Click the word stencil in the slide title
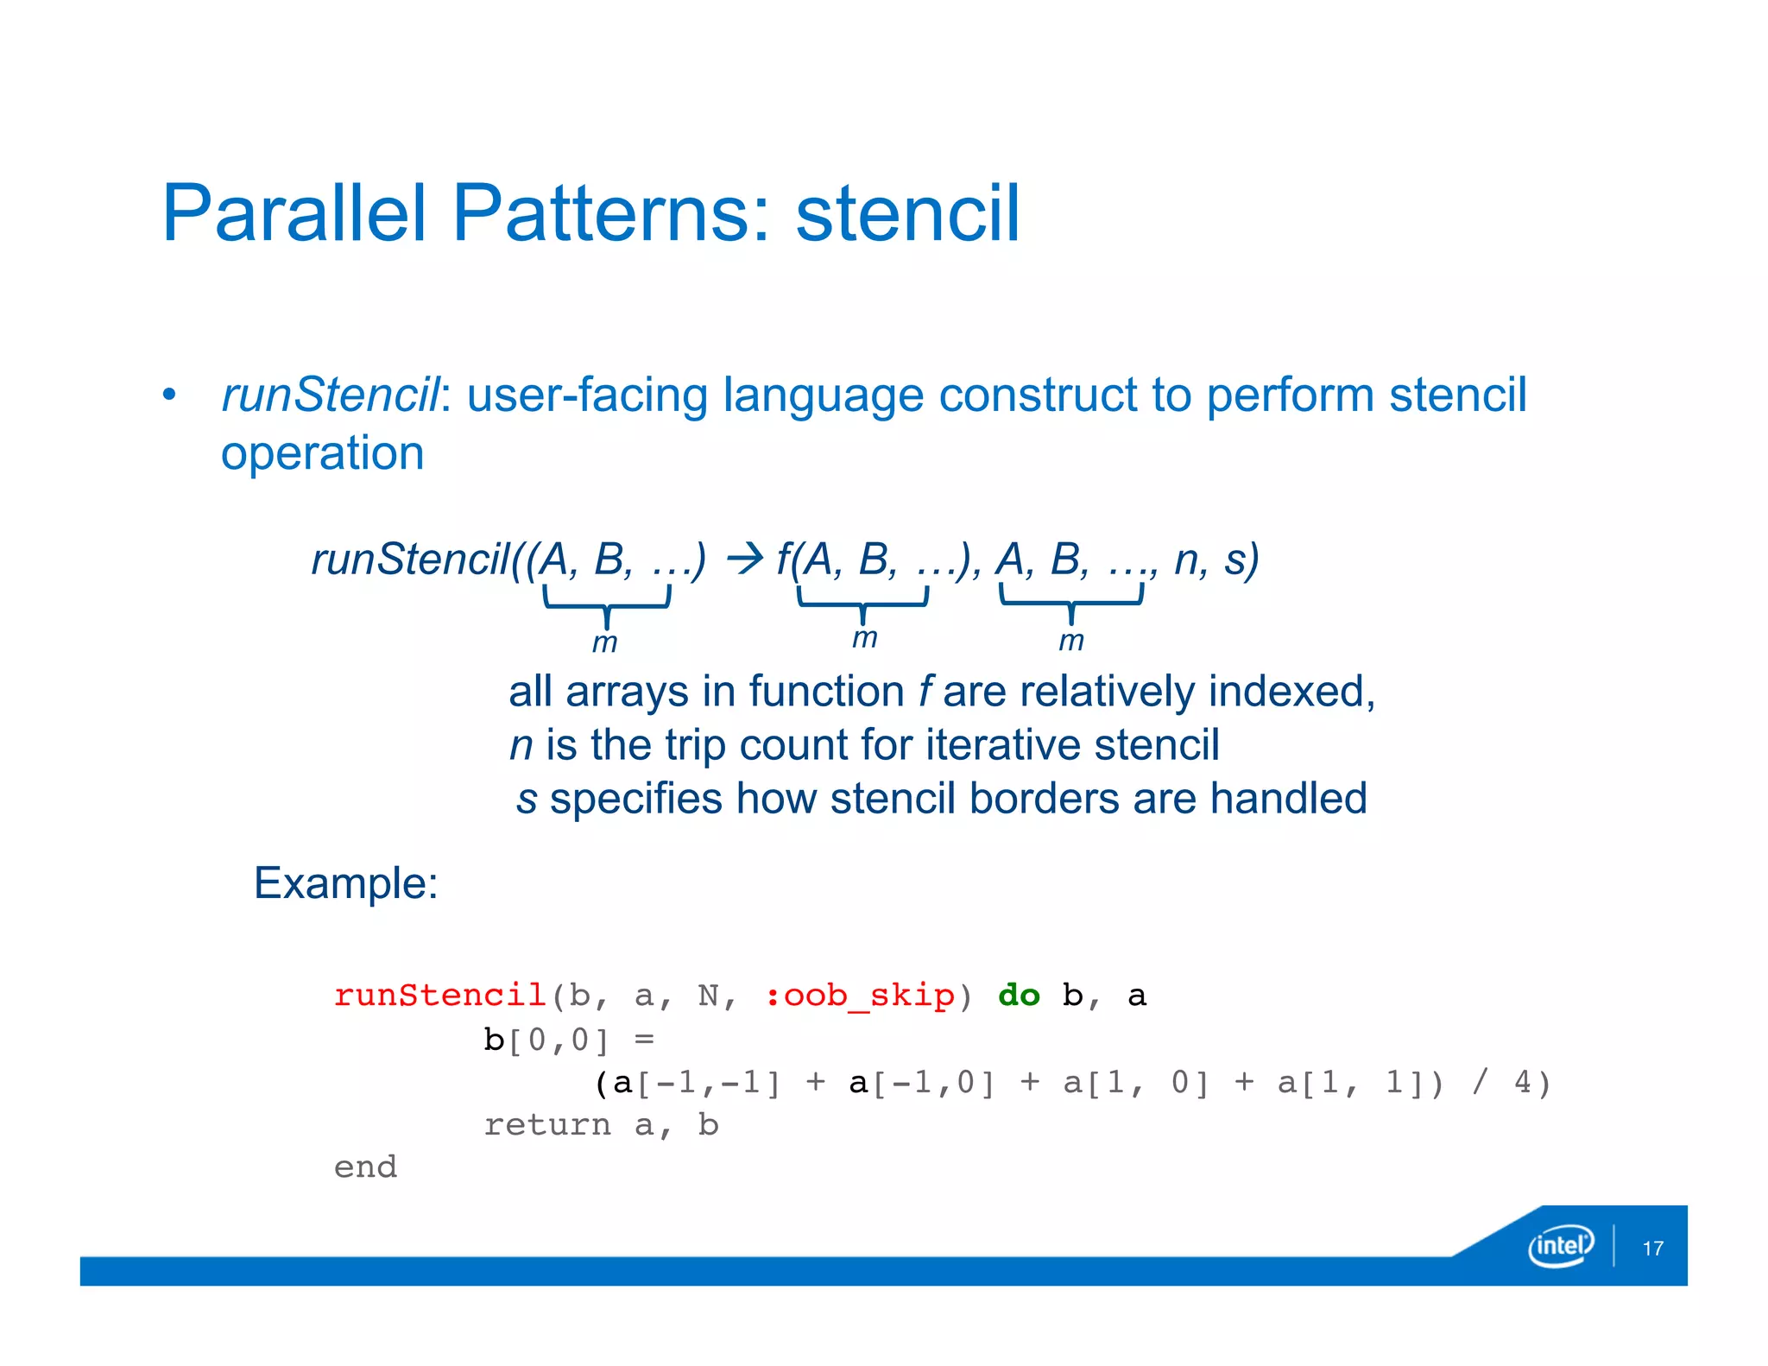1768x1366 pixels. click(x=907, y=213)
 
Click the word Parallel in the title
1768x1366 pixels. click(x=294, y=213)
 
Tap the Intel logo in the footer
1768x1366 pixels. click(x=1560, y=1245)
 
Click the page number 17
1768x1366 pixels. click(x=1652, y=1249)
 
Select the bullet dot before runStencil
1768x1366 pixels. click(x=169, y=395)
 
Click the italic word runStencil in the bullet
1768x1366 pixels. click(x=331, y=395)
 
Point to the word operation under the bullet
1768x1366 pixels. click(x=322, y=453)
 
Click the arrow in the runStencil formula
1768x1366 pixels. click(x=744, y=560)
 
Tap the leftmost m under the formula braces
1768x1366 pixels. click(x=604, y=643)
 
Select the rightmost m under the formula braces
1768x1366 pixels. click(x=1070, y=641)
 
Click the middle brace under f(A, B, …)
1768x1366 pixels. click(x=862, y=602)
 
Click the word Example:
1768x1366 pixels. click(x=345, y=883)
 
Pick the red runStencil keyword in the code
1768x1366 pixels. click(x=439, y=996)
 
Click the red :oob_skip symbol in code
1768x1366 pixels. click(x=860, y=996)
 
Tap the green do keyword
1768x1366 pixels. click(x=1019, y=996)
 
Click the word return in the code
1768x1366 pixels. click(x=546, y=1125)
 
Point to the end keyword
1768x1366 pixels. click(x=365, y=1167)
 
